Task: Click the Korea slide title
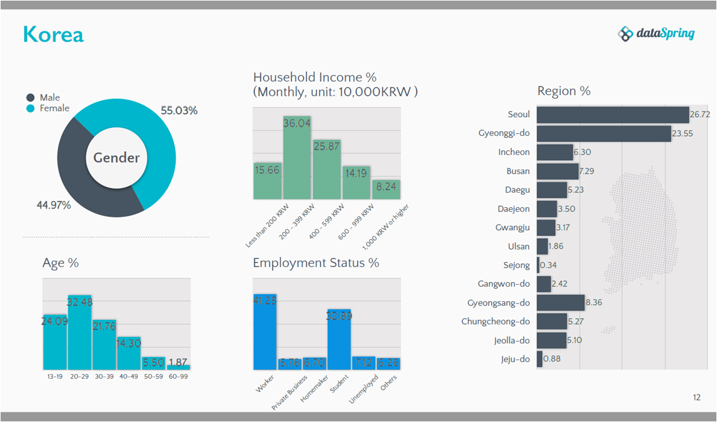54,34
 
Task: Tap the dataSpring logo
656,33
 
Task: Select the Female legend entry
54,108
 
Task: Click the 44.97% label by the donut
54,205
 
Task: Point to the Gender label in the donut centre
116,157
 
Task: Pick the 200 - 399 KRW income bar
297,157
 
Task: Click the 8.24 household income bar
386,190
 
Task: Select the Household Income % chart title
315,77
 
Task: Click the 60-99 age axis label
179,377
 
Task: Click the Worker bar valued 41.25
264,332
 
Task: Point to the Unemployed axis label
364,389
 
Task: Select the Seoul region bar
613,115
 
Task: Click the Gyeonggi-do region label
504,134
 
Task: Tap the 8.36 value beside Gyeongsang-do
594,303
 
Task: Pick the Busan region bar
557,171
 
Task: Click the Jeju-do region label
515,359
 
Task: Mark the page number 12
696,397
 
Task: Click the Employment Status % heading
316,263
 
